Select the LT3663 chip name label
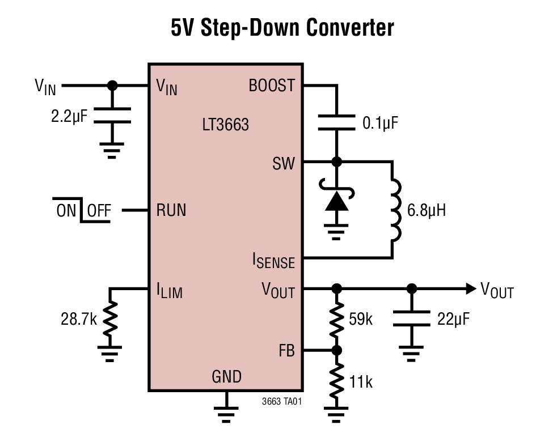click(x=225, y=125)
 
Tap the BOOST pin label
click(x=272, y=86)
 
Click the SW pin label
click(x=284, y=164)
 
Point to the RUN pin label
click(x=171, y=211)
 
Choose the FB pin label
click(x=286, y=351)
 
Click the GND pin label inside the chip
click(x=226, y=376)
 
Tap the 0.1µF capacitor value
click(x=377, y=123)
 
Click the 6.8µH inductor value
click(x=425, y=211)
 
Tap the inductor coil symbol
click(x=395, y=210)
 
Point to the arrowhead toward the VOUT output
click(x=469, y=288)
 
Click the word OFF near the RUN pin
click(x=99, y=211)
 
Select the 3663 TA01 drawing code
click(x=282, y=401)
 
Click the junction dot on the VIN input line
click(x=112, y=86)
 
